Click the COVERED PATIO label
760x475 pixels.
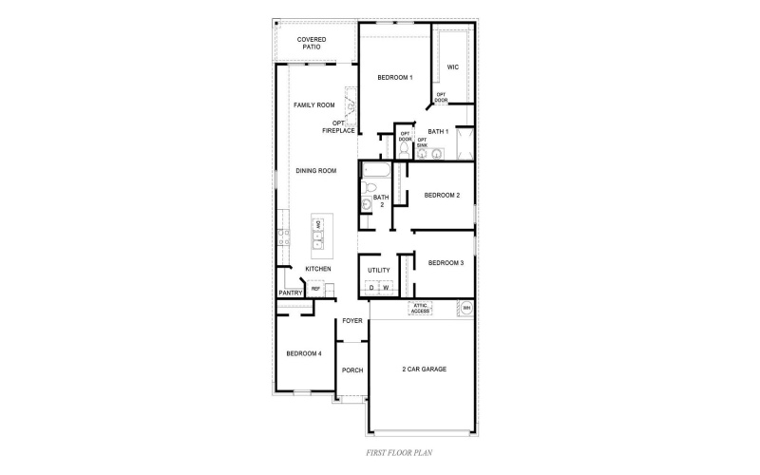tap(312, 43)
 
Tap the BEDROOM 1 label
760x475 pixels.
tap(394, 77)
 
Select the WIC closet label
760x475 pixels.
tap(453, 67)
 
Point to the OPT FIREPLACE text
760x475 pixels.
tap(338, 126)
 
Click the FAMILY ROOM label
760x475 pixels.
tap(313, 104)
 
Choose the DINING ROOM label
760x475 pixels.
tap(316, 171)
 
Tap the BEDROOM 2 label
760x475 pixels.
tap(442, 196)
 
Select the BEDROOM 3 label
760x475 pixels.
tap(445, 263)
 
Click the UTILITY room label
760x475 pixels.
tap(379, 271)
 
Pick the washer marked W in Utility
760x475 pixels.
tap(387, 287)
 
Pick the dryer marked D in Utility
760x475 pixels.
tap(371, 287)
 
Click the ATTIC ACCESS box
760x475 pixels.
tap(421, 308)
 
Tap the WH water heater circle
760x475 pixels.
tap(465, 308)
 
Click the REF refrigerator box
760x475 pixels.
tap(315, 289)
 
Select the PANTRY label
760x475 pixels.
tap(291, 294)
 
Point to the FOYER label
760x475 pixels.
tap(352, 321)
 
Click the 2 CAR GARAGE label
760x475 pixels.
tap(423, 370)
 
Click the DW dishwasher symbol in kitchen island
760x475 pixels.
tap(318, 225)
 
